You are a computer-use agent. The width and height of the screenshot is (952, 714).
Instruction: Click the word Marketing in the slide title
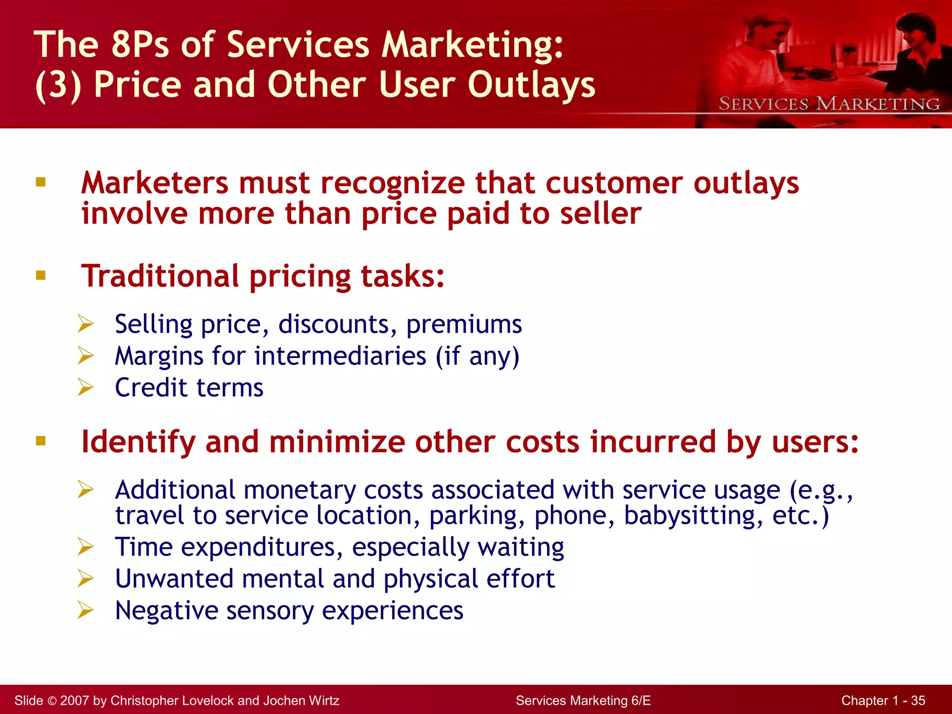[472, 45]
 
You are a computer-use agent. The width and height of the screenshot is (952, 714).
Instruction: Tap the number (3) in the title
[58, 86]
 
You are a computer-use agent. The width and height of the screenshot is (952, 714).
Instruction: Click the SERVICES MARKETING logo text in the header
[829, 104]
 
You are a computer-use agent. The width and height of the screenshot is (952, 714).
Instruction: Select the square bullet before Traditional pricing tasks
[41, 275]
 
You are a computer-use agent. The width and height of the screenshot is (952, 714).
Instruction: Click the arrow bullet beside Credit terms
[86, 387]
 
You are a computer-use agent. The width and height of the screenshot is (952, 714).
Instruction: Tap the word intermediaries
[340, 356]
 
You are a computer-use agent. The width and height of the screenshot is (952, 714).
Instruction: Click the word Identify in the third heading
[138, 442]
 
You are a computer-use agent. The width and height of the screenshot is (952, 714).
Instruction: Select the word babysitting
[693, 516]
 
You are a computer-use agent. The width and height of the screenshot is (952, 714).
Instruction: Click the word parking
[476, 516]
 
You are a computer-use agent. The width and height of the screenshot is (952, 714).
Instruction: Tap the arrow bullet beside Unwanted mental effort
[86, 578]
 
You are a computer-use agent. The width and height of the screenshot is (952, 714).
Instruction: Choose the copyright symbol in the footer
[52, 701]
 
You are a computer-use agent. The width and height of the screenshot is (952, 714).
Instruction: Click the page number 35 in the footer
[918, 701]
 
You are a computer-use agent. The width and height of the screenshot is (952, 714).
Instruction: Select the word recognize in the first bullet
[392, 183]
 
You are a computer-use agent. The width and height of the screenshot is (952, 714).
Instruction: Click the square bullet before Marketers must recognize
[41, 182]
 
